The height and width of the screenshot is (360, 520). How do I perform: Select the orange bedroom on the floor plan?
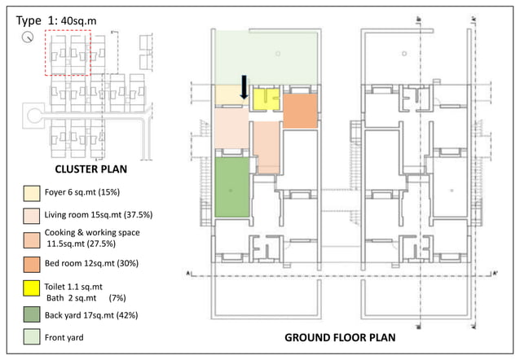pyautogui.click(x=299, y=111)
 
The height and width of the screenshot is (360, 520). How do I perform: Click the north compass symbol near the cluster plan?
pyautogui.click(x=29, y=37)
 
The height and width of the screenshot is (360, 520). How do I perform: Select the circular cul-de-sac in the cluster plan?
pyautogui.click(x=33, y=115)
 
